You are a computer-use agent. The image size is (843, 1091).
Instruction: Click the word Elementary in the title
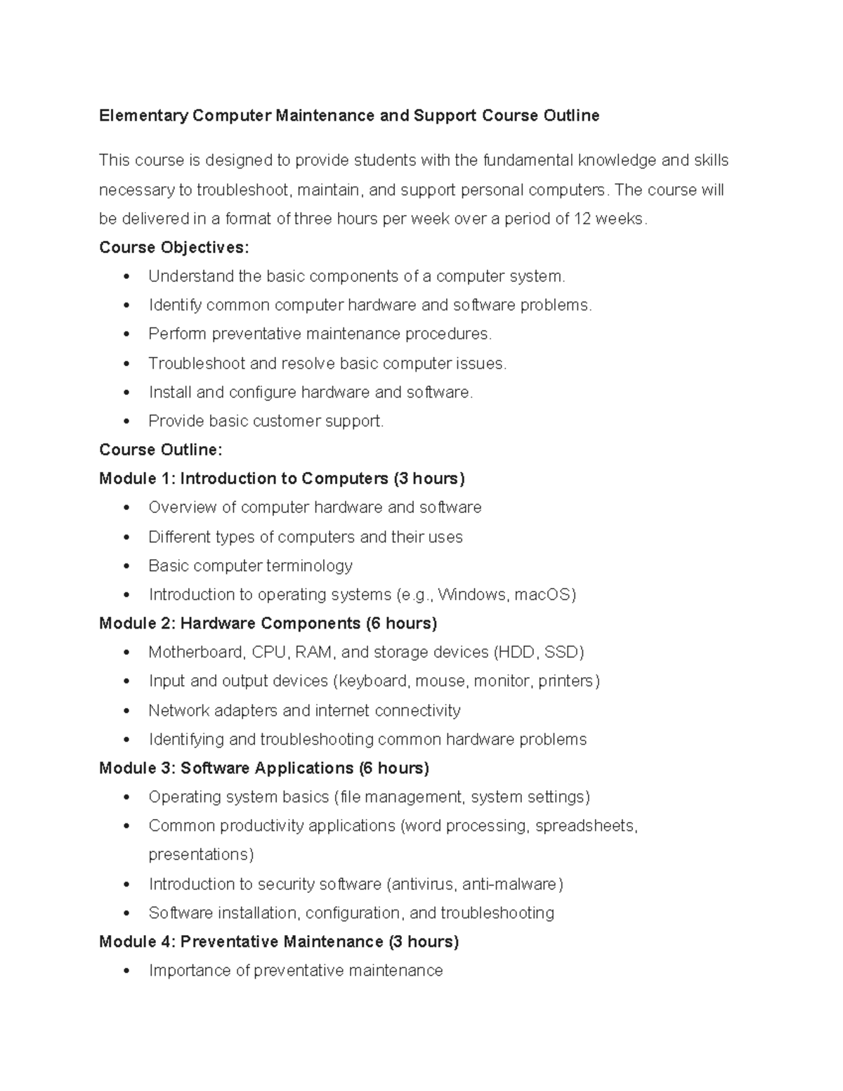(143, 116)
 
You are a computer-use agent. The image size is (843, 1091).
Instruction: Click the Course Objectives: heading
(174, 247)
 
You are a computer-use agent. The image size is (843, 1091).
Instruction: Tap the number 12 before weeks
(582, 218)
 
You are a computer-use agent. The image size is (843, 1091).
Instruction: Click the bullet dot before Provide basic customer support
(126, 422)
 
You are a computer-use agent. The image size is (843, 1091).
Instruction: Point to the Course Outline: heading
(160, 450)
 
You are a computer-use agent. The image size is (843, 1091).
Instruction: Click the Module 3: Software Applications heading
(263, 768)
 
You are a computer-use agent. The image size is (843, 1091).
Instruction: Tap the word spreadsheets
(584, 826)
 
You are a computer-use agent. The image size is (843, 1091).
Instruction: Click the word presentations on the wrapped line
(200, 855)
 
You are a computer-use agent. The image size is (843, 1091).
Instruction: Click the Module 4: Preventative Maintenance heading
(278, 941)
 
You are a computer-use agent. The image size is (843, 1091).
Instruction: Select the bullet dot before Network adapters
(126, 711)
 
